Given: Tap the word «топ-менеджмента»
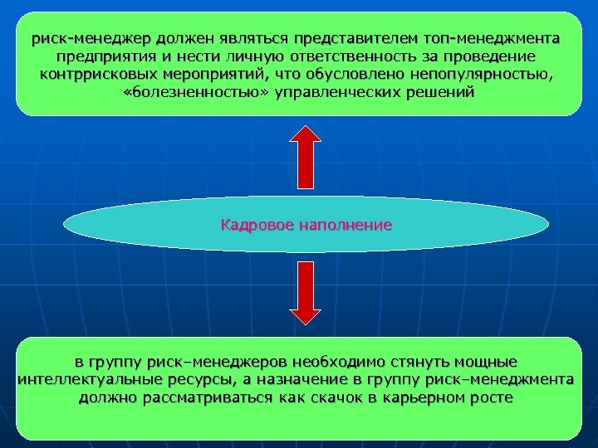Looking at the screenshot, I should click(x=491, y=39).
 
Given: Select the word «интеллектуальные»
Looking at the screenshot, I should click(x=83, y=380).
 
